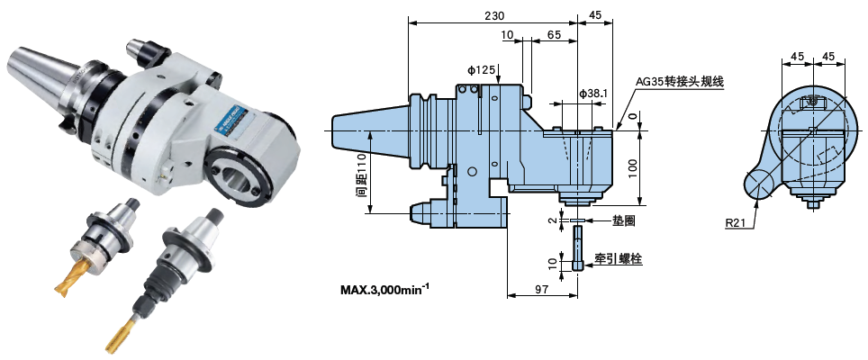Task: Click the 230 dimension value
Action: [493, 15]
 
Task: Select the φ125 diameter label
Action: [482, 69]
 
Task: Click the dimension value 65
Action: [554, 34]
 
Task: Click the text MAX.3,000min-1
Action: [384, 290]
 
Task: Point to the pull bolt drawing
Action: [577, 247]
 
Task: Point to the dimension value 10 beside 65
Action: [507, 34]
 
